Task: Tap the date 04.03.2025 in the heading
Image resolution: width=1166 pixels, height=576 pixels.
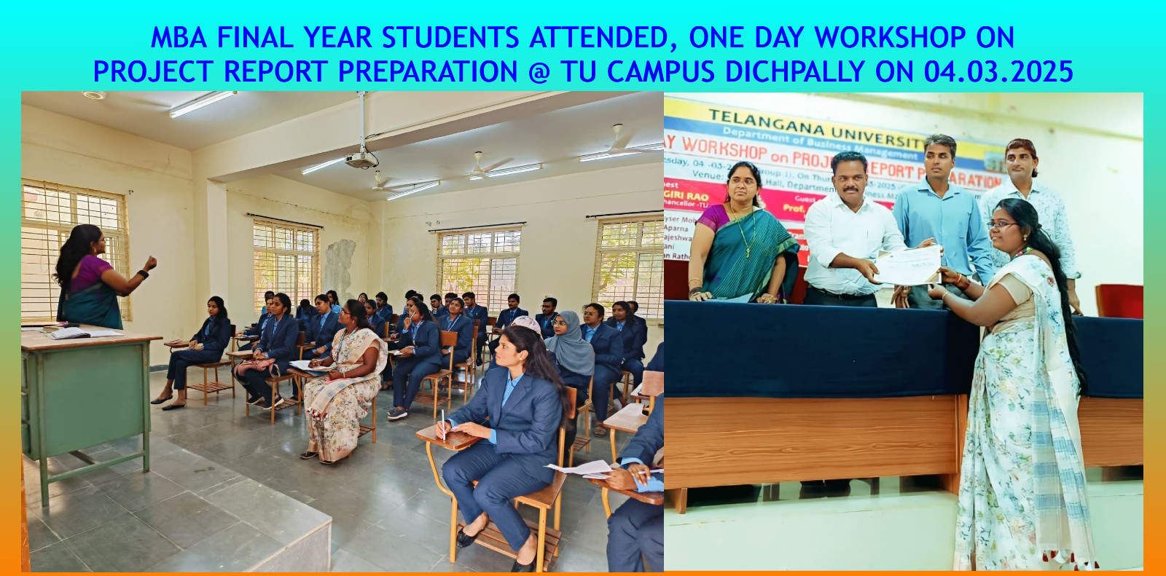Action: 998,71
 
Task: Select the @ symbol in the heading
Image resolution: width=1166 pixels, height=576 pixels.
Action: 539,71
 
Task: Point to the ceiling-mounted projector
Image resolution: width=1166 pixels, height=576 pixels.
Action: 361,159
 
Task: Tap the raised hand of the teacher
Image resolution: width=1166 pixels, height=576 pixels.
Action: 151,262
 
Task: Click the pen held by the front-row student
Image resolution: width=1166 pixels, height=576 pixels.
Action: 442,423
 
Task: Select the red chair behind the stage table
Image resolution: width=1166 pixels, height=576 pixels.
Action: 1119,301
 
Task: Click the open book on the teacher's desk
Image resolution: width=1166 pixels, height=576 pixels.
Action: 69,333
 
